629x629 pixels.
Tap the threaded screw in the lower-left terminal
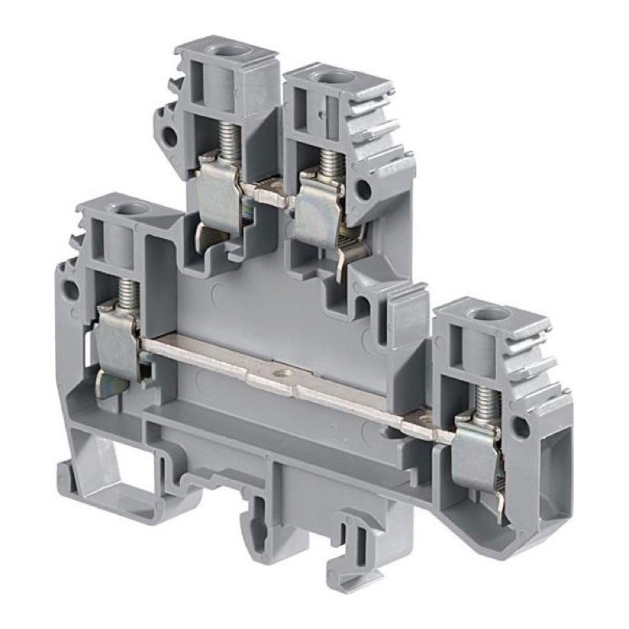coord(127,296)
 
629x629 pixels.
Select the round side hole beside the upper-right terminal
coord(363,189)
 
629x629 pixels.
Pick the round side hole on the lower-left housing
coord(70,289)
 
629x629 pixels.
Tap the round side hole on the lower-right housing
coord(520,427)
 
